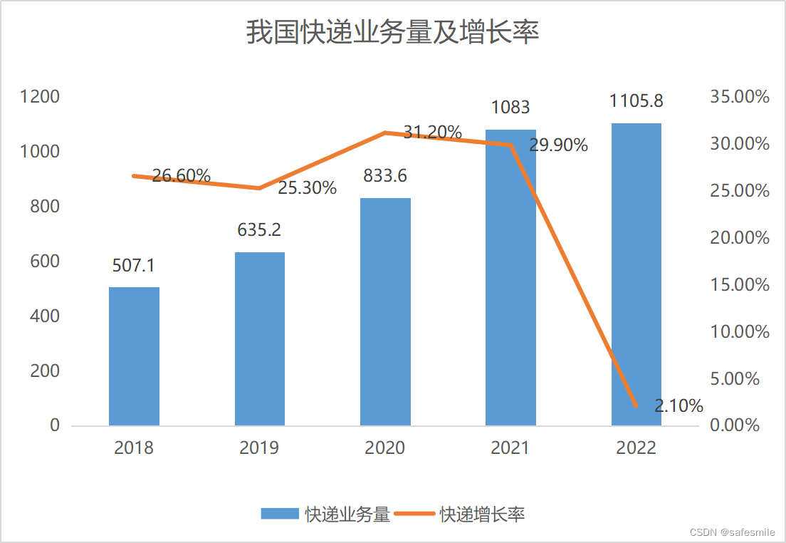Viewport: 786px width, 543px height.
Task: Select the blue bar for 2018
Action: [134, 356]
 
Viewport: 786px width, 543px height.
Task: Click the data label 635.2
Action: [259, 230]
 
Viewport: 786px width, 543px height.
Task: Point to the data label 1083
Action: [510, 108]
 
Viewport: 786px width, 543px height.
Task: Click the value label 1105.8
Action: [636, 101]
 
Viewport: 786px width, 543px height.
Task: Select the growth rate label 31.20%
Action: [432, 133]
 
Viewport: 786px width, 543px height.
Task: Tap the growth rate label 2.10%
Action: [678, 407]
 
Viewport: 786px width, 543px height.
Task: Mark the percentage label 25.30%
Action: [307, 189]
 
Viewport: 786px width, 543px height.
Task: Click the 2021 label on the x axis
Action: [510, 448]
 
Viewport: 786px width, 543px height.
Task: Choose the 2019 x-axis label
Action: [259, 448]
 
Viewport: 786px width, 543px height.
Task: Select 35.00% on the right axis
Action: [740, 97]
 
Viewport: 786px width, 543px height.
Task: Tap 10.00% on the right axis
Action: [740, 332]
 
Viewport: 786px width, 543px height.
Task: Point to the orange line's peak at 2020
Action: [385, 133]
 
